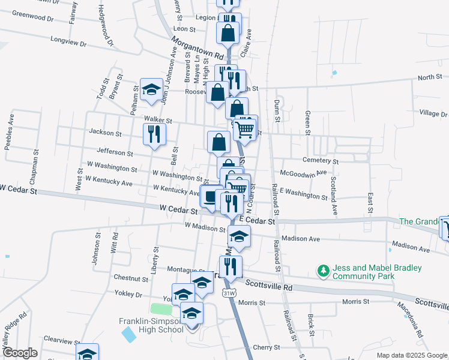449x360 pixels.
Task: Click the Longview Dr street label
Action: pos(69,43)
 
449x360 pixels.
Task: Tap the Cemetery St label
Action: pos(321,161)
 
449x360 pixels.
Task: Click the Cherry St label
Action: pos(267,347)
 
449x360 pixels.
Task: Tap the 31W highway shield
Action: pos(228,293)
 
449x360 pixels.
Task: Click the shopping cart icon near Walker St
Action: pos(246,128)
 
